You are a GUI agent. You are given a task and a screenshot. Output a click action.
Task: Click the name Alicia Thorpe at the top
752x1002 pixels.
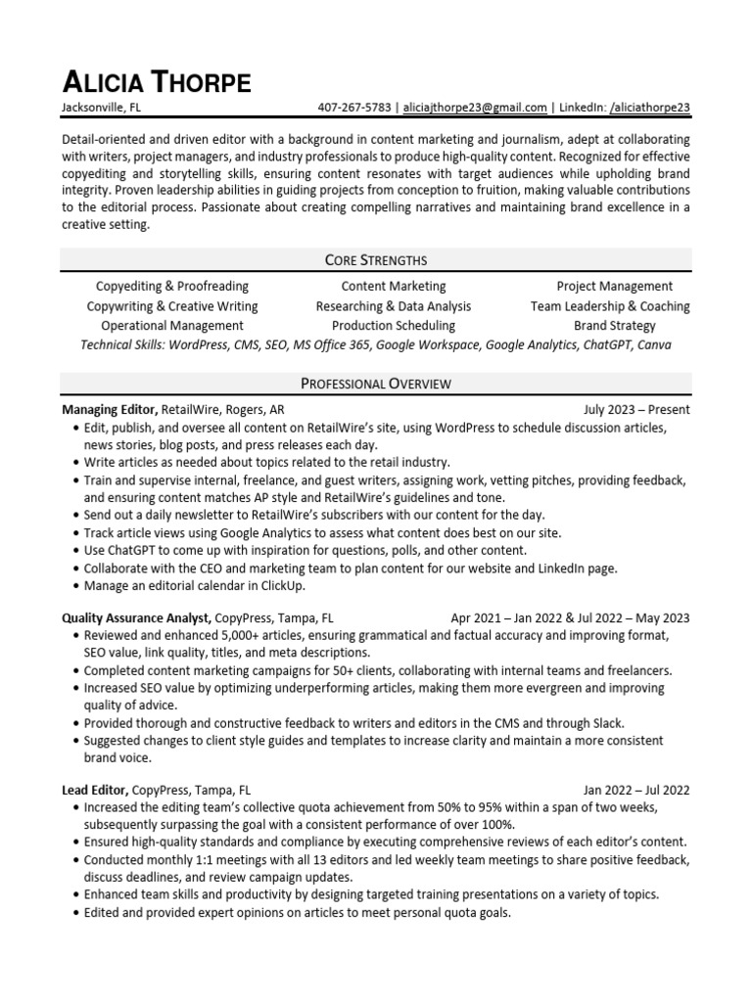tap(156, 81)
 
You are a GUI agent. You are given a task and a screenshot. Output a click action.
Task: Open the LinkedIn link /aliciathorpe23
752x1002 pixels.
tap(650, 108)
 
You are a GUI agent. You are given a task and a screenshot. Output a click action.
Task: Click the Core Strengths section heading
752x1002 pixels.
tap(376, 259)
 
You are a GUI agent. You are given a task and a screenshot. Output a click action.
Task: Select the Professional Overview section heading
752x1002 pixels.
tap(376, 383)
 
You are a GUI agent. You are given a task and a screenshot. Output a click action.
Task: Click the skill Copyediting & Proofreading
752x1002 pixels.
tap(172, 287)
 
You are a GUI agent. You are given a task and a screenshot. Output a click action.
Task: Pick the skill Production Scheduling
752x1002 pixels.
tap(393, 326)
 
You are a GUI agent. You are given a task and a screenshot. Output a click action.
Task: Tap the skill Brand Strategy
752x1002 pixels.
tap(614, 326)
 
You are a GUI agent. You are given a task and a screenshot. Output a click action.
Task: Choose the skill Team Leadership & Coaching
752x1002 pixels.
tap(610, 306)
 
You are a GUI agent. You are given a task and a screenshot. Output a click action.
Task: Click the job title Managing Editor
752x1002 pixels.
tap(109, 409)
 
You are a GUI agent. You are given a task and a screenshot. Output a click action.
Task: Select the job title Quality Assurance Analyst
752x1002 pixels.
tap(136, 617)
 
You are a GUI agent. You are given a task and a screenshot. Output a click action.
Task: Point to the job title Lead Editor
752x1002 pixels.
tap(94, 790)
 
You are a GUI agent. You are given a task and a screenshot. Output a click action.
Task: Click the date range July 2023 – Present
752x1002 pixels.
tap(636, 409)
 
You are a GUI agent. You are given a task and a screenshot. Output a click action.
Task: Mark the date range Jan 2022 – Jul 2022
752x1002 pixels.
tap(636, 790)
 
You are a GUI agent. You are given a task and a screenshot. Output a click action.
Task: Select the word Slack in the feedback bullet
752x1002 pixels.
tap(606, 723)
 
